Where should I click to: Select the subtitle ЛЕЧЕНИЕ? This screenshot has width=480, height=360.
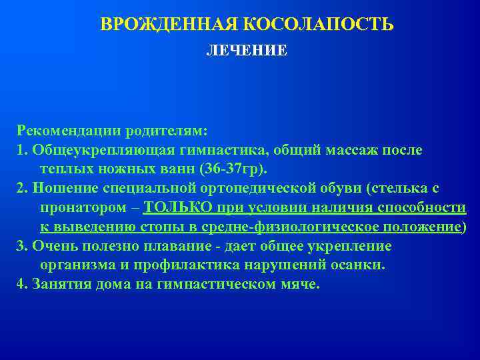[x=247, y=51]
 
